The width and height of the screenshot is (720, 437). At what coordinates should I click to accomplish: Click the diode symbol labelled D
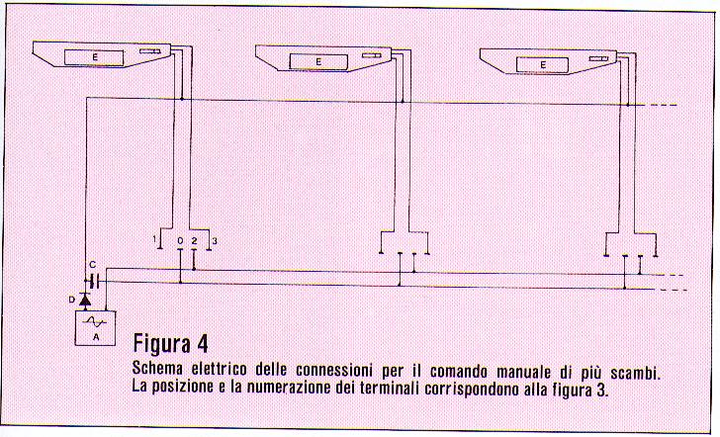coord(85,300)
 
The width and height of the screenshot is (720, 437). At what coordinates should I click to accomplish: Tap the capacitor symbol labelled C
coord(94,281)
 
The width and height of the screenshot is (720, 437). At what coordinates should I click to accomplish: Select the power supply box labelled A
coord(95,328)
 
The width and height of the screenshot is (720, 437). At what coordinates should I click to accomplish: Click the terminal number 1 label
coord(154,239)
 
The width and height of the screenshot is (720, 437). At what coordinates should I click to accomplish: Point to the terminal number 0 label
coord(180,240)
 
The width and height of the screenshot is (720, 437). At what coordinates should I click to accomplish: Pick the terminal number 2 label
coord(194,240)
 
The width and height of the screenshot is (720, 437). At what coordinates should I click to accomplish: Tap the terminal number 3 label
coord(215,241)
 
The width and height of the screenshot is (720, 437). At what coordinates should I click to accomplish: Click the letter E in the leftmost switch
coord(95,57)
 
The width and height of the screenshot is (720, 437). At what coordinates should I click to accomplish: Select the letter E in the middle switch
coord(318,61)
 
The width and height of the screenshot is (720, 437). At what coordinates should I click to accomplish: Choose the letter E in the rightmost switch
coord(543,64)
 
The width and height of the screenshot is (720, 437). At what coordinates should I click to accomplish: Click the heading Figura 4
coord(170,343)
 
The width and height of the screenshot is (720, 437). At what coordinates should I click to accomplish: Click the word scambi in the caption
coord(635,373)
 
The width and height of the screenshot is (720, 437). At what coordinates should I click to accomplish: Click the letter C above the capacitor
coord(93,265)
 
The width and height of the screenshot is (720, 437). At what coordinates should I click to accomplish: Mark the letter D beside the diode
coord(71,300)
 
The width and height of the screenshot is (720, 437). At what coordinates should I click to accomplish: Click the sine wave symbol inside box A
coord(95,321)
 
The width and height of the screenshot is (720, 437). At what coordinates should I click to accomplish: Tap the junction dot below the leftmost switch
coord(182,99)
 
